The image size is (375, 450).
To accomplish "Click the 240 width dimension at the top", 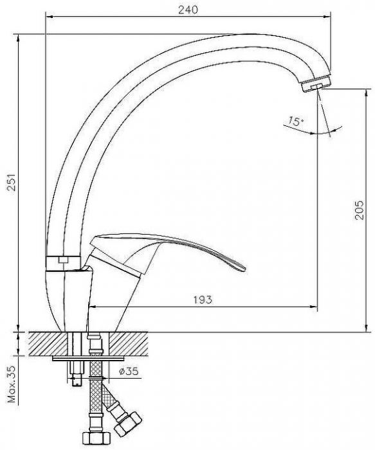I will click(187, 10).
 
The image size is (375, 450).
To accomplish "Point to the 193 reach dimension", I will click(202, 300).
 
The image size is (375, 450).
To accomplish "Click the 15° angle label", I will click(295, 120).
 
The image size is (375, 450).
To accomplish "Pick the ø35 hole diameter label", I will click(129, 371).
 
